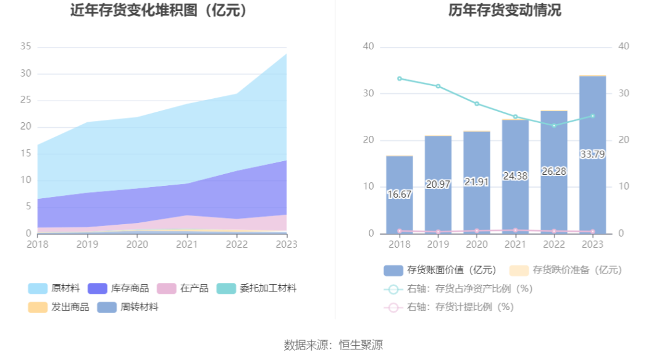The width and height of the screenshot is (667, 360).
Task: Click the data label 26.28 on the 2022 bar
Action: (x=554, y=171)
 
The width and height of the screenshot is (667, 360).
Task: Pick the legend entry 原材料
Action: (x=54, y=288)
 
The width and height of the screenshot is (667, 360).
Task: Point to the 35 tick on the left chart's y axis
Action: (x=26, y=47)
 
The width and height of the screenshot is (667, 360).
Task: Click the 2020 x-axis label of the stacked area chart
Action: (x=137, y=245)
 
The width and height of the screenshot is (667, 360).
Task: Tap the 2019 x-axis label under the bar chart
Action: (x=438, y=245)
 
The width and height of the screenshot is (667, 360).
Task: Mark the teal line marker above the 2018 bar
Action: (x=400, y=78)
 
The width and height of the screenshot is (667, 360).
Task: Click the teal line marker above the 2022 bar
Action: (x=554, y=126)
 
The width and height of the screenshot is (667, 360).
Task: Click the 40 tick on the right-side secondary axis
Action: (x=624, y=47)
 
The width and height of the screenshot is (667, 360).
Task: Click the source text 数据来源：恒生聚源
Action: (x=333, y=345)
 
